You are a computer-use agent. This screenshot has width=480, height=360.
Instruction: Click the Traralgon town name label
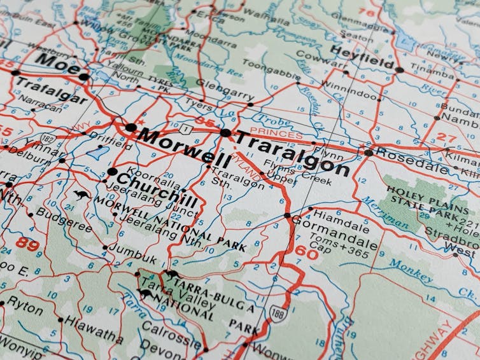click(x=292, y=153)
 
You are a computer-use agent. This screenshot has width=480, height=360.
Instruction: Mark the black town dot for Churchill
click(x=112, y=172)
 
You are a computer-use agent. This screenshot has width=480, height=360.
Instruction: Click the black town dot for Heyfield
click(x=399, y=70)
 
